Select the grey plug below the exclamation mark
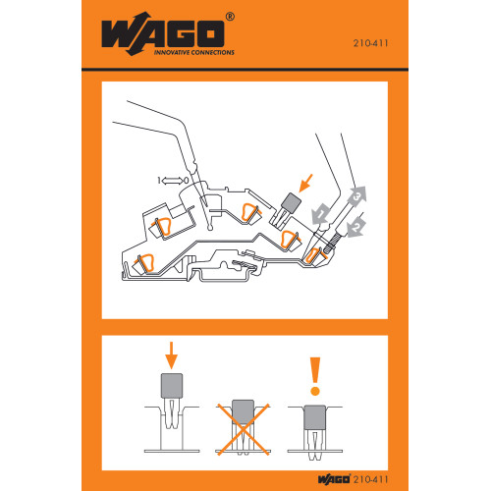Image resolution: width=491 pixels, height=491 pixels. coord(315,417)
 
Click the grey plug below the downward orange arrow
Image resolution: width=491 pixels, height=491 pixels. coord(172,388)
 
